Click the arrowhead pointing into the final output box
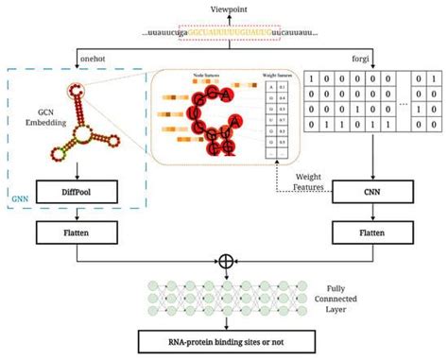coord(224,328)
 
